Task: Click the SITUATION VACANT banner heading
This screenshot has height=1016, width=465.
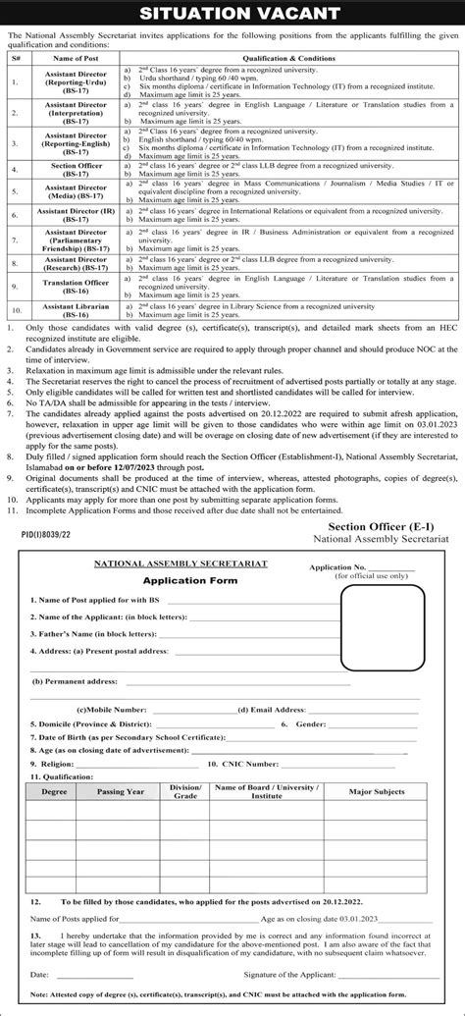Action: pos(232,14)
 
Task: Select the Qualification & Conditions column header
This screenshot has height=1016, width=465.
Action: pos(291,60)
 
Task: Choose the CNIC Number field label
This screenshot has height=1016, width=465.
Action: pos(248,762)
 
